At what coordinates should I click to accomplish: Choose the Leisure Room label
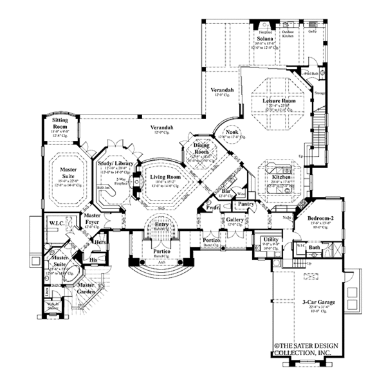[279, 101]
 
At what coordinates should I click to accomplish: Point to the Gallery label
[234, 220]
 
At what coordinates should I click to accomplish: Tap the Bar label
[226, 190]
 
